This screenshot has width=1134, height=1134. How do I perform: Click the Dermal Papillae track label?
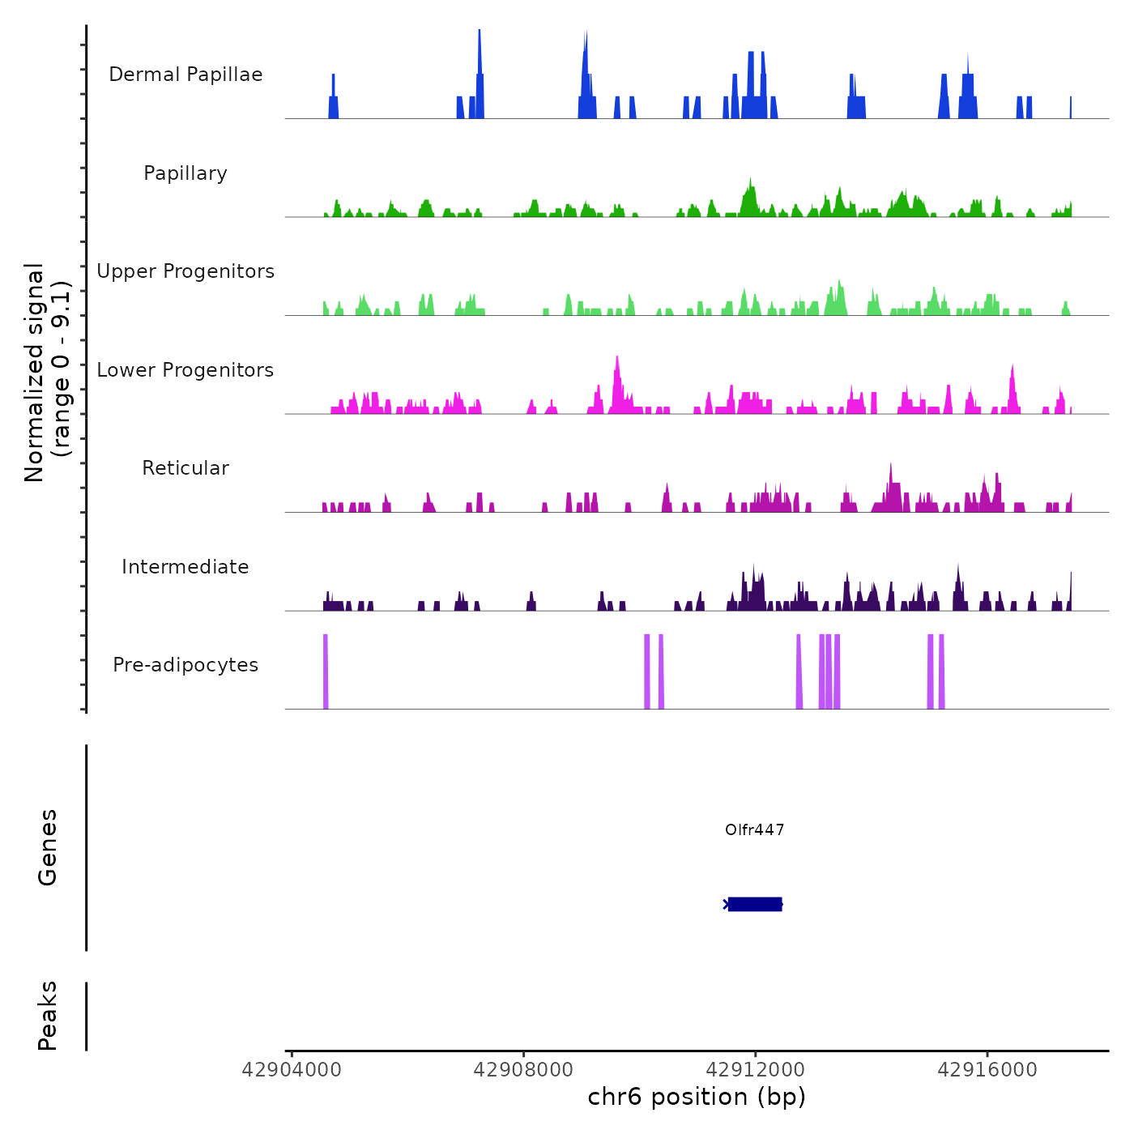click(185, 75)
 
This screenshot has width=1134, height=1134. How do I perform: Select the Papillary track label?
click(185, 173)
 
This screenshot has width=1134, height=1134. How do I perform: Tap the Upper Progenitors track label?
click(185, 271)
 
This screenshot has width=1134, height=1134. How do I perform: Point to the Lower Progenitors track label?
click(185, 370)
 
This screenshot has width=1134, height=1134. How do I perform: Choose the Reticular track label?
click(185, 468)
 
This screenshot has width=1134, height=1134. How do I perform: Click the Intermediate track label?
click(185, 567)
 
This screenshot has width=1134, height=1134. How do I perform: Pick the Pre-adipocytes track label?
click(185, 665)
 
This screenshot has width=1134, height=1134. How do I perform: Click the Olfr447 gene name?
click(754, 829)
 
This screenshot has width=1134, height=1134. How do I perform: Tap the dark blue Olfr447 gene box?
click(754, 904)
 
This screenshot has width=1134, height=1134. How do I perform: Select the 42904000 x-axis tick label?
click(292, 1070)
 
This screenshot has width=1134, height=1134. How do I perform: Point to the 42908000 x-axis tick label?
click(523, 1070)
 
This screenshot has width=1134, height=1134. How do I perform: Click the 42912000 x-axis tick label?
click(755, 1070)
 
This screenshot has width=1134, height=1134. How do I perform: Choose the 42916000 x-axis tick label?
click(987, 1070)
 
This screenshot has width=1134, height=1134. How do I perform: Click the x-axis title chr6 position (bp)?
click(697, 1097)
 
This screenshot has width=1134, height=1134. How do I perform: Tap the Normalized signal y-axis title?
click(47, 373)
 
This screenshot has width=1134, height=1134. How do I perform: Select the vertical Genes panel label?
click(47, 847)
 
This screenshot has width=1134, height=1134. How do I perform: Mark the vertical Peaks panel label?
click(47, 1016)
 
